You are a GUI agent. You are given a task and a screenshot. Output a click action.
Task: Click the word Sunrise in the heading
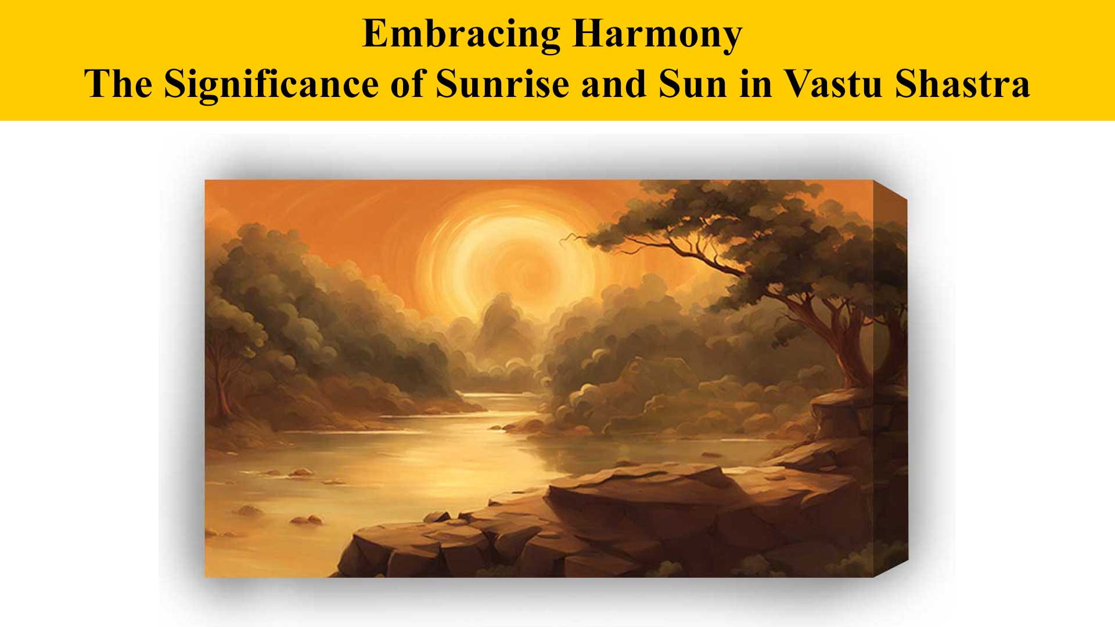point(502,84)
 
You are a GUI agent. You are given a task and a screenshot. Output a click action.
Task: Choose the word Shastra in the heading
point(962,84)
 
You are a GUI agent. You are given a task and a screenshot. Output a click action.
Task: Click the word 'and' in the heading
point(614,84)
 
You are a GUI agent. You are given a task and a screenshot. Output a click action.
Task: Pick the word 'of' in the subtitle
point(407,84)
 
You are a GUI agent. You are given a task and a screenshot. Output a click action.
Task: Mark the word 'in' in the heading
point(756,84)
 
